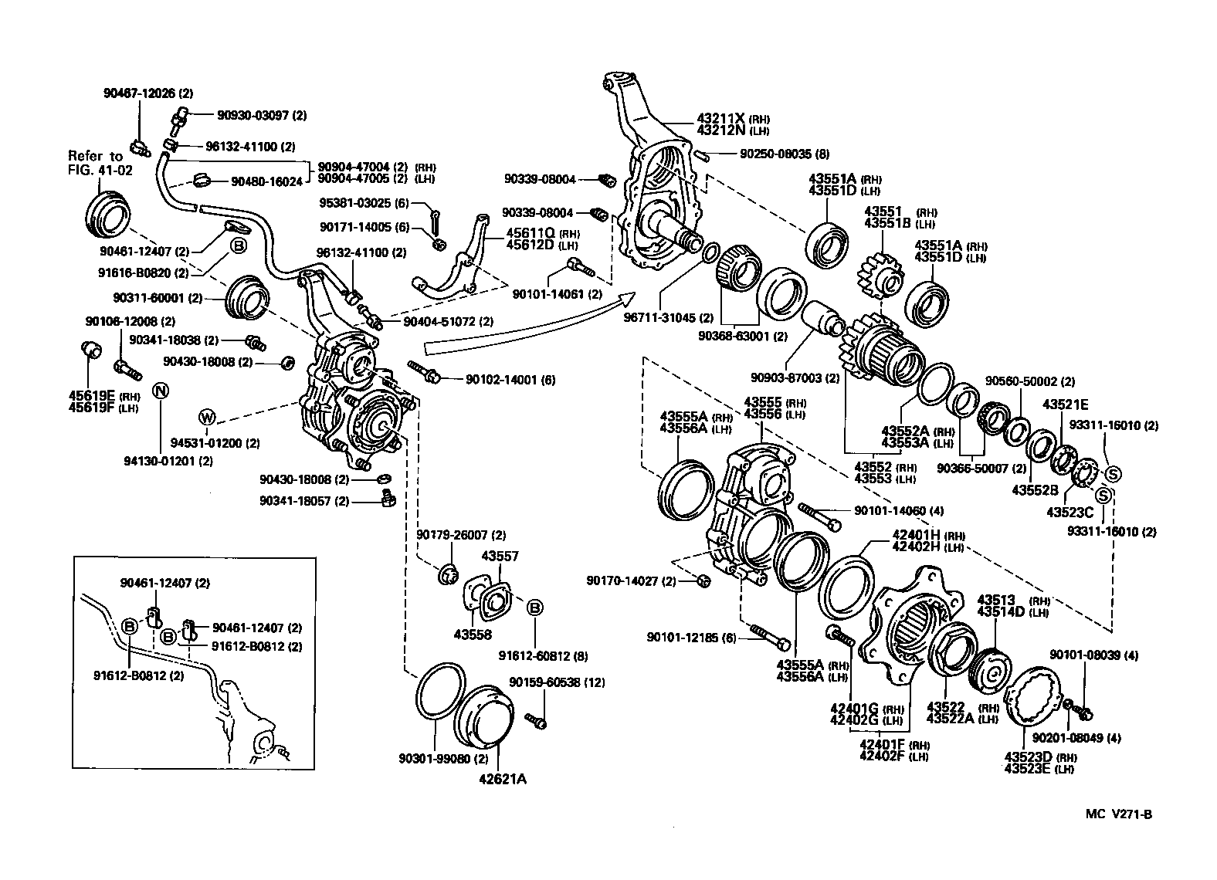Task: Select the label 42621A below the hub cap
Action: (502, 778)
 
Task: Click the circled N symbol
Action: (161, 390)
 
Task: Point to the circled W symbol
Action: (207, 418)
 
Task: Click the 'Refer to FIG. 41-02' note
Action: (99, 163)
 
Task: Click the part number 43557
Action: (500, 557)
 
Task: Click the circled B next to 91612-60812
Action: (534, 608)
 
